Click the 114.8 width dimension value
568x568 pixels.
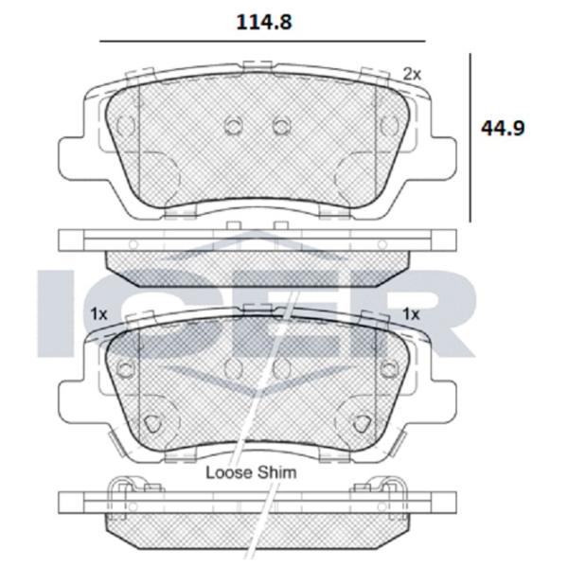point(264,22)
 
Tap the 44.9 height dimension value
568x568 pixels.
point(503,128)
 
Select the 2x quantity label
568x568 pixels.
point(412,74)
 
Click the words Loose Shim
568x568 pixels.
point(251,472)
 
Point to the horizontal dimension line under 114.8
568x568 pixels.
point(262,42)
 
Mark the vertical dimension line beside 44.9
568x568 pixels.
point(470,137)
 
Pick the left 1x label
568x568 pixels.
point(98,313)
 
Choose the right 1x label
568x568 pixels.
point(411,313)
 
